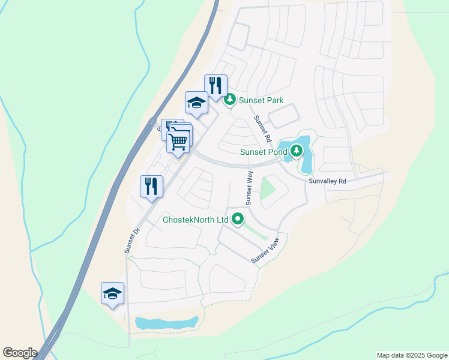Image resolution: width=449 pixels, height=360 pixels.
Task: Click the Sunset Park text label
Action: pos(261,100)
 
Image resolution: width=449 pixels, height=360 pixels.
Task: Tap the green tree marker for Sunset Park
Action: pos(229,100)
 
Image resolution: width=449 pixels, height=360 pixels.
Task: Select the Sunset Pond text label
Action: pos(265,152)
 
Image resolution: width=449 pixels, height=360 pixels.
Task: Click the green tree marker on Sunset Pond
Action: pos(296,151)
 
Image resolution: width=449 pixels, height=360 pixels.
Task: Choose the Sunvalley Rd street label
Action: pos(328,181)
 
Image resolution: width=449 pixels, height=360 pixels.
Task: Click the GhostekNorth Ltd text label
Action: pos(196,220)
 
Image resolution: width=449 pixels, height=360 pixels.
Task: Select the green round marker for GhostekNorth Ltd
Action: pos(238,220)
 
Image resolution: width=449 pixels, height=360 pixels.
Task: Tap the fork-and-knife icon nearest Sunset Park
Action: pos(215,85)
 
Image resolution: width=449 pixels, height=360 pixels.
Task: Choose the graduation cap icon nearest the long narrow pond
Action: pos(112,293)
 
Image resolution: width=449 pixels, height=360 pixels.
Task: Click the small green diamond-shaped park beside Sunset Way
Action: pos(267,190)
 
